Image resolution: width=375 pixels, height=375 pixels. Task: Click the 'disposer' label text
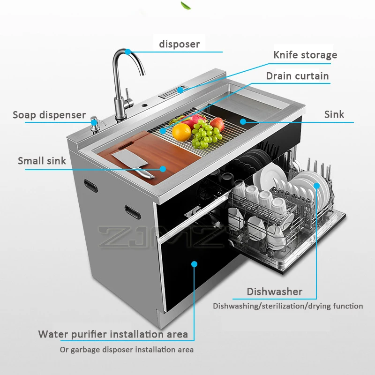(x=179, y=45)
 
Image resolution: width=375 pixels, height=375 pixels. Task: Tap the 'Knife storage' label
(x=305, y=55)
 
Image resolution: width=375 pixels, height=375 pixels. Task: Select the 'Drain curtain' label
(x=297, y=76)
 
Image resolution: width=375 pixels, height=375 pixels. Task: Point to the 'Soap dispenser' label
(x=49, y=115)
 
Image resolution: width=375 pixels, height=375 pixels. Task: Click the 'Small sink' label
(x=42, y=161)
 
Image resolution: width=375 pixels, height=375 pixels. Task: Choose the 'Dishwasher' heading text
(x=275, y=292)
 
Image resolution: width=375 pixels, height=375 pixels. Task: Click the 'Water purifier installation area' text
(x=113, y=334)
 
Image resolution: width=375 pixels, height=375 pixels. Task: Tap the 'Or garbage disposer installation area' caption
(x=127, y=350)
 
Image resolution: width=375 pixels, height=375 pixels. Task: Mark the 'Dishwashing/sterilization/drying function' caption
(x=288, y=306)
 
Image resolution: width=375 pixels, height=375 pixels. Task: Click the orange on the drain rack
(x=181, y=132)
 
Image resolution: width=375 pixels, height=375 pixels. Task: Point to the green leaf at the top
(x=186, y=5)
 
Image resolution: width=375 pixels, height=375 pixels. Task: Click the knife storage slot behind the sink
(x=173, y=91)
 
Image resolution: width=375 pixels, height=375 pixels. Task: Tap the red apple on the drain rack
(x=217, y=123)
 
